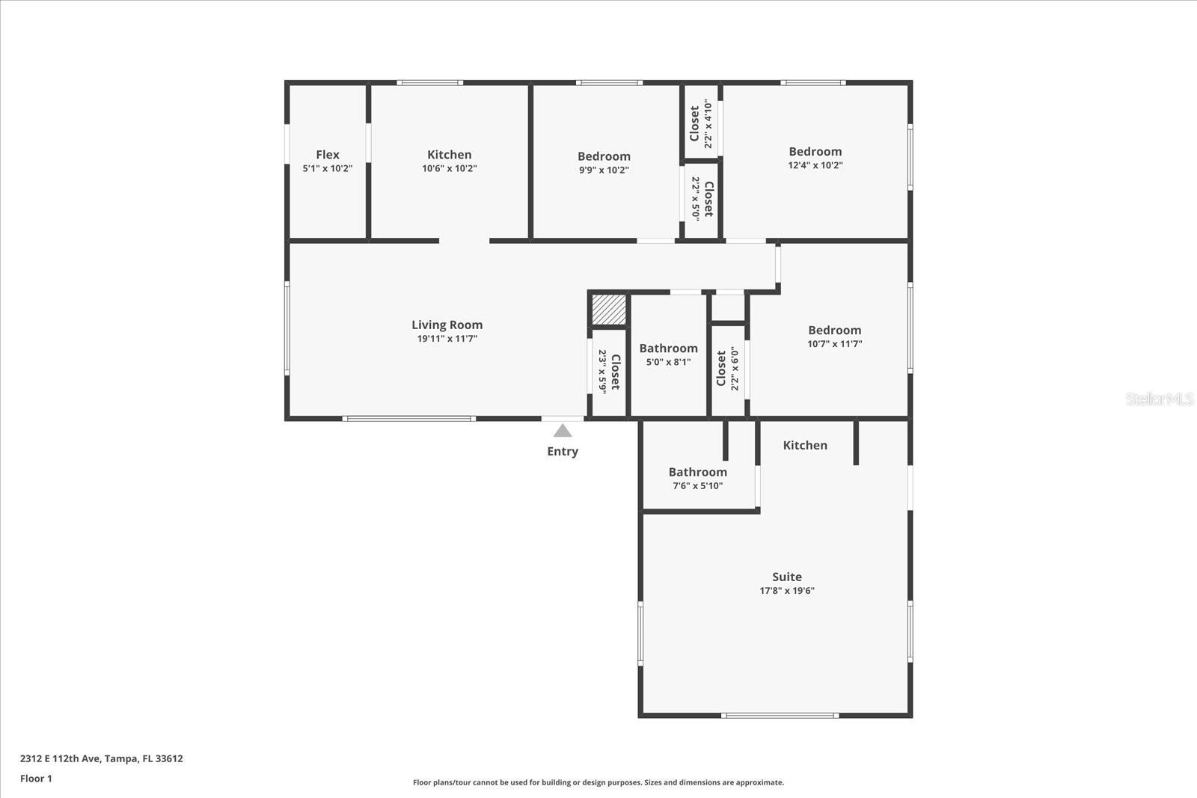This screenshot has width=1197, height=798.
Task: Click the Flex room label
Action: pos(327,155)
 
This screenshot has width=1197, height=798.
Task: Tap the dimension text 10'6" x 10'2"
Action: pos(449,169)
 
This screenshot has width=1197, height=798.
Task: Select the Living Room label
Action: pos(447,325)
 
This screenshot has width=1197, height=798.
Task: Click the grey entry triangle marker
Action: pos(563,431)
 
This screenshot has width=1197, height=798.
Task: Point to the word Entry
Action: pos(562,451)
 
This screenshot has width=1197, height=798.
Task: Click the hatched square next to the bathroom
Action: pos(608,310)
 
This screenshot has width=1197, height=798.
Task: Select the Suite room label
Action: pos(786,577)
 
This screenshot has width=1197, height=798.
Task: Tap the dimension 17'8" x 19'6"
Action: pos(786,591)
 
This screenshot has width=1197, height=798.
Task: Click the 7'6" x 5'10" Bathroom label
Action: pos(697,472)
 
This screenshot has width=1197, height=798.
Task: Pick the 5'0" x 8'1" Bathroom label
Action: pos(668,349)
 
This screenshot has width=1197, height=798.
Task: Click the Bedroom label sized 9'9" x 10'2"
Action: pos(604,156)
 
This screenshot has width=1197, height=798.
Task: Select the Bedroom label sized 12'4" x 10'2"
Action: pos(815,152)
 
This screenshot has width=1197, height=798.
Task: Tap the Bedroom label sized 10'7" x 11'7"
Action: pos(834,331)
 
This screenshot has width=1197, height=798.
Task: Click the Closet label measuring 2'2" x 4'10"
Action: pos(695,123)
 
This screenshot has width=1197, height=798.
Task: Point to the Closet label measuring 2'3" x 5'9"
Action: pos(615,372)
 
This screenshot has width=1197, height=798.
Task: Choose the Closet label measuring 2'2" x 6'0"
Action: pos(721,369)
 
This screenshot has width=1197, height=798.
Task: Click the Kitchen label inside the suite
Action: pos(805,445)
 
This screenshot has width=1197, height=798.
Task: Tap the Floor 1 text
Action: pos(36,779)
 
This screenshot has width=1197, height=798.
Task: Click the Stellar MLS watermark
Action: pos(1159,399)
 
